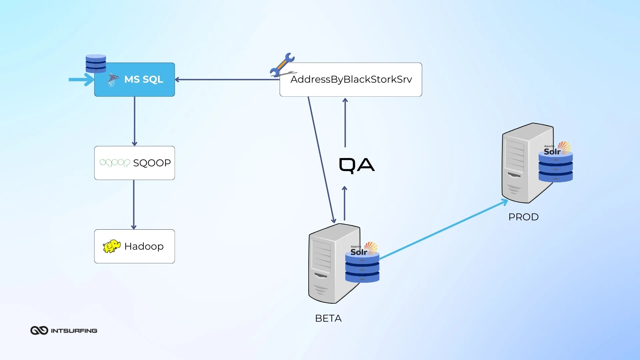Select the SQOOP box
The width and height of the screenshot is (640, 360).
[x=134, y=163]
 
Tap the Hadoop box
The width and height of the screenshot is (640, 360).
[x=134, y=246]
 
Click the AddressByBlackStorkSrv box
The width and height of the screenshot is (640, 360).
[x=351, y=80]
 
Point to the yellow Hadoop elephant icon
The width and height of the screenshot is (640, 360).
[x=111, y=246]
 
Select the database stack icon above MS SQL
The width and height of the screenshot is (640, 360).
[x=96, y=63]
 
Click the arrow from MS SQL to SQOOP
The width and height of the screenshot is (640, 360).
[x=134, y=121]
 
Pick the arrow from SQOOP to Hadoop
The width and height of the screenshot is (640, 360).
[x=134, y=205]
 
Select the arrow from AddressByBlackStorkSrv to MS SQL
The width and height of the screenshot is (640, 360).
[x=227, y=80]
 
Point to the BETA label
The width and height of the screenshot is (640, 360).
[x=328, y=318]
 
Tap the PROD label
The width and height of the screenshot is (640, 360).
[x=523, y=217]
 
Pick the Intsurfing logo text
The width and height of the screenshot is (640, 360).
[x=74, y=331]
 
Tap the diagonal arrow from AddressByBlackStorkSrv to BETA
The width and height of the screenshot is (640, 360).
[x=321, y=160]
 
